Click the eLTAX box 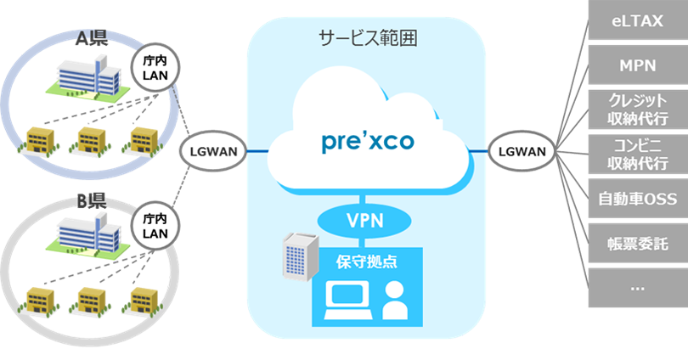point(637,22)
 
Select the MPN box point(637,65)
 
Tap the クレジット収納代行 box point(637,110)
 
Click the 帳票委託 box point(637,245)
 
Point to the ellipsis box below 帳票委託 point(637,288)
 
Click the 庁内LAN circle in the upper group point(156,68)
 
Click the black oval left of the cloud point(212,152)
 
